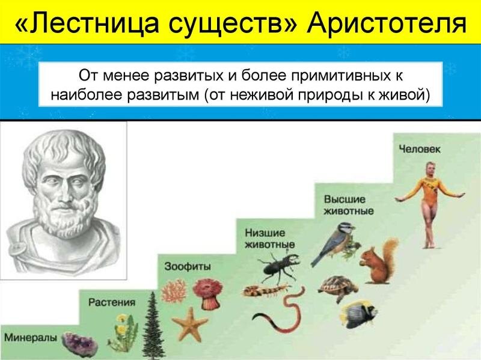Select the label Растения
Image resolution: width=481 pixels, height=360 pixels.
(112, 302)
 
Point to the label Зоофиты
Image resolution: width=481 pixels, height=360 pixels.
(180, 265)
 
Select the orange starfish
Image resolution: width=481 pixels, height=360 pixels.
(192, 322)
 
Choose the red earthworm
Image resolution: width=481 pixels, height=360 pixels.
(283, 312)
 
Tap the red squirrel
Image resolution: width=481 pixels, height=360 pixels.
(378, 260)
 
